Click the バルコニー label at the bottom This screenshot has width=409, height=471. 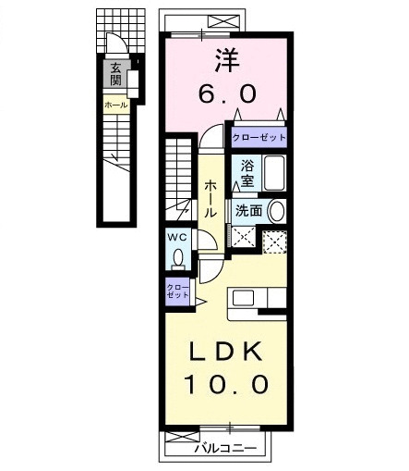pyautogui.click(x=223, y=451)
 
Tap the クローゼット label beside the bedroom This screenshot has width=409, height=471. pyautogui.click(x=259, y=137)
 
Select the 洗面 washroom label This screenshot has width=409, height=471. pyautogui.click(x=249, y=211)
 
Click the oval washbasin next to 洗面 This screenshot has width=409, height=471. pyautogui.click(x=276, y=211)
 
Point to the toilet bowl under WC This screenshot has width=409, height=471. pyautogui.click(x=177, y=259)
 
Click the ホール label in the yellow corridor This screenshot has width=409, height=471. pyautogui.click(x=211, y=198)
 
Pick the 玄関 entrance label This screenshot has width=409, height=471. pyautogui.click(x=116, y=73)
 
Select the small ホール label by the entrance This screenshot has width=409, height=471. pyautogui.click(x=116, y=105)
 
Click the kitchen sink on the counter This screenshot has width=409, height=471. pyautogui.click(x=243, y=298)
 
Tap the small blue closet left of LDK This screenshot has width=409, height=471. pyautogui.click(x=176, y=291)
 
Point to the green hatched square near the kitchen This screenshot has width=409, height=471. pyautogui.click(x=275, y=241)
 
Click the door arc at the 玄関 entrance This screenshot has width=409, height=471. pyautogui.click(x=113, y=43)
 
